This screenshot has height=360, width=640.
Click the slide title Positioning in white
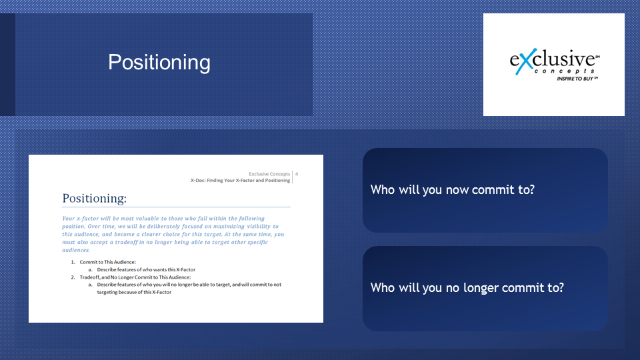point(159,63)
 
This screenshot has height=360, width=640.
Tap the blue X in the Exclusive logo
point(525,61)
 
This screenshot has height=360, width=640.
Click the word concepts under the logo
point(565,71)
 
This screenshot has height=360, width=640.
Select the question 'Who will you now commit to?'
point(452,190)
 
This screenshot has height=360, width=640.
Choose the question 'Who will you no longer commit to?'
point(467,288)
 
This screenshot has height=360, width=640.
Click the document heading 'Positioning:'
point(94,199)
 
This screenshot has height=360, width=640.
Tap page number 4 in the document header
point(297,174)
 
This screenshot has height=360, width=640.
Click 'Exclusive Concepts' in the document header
point(269,174)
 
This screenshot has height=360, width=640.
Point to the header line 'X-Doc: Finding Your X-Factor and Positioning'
point(241,181)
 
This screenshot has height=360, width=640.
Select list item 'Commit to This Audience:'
point(108,262)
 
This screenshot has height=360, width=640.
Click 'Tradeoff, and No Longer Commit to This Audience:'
point(135,277)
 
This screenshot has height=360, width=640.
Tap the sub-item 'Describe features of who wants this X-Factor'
point(146,269)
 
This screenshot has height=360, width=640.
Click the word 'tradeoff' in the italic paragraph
point(126,242)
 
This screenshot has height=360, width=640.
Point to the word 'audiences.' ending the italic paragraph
point(76,250)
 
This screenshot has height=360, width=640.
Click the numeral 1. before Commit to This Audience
point(73,262)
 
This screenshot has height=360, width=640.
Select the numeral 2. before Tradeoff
point(73,277)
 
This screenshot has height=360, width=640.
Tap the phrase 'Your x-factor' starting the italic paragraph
point(79,219)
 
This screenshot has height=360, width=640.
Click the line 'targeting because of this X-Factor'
point(134,292)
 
